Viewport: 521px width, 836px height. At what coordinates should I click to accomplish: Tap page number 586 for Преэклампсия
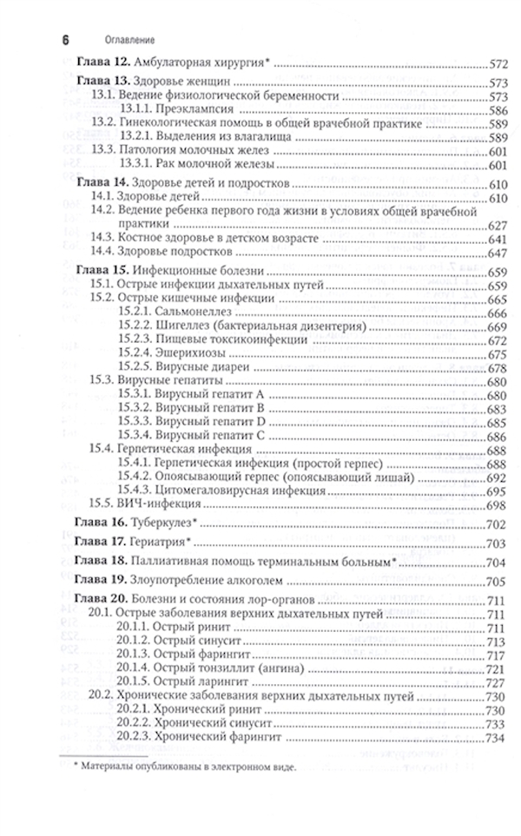[498, 111]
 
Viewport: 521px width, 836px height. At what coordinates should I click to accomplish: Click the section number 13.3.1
[136, 163]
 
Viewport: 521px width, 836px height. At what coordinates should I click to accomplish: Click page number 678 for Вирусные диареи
[498, 368]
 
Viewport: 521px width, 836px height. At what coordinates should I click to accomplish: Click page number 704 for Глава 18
[498, 563]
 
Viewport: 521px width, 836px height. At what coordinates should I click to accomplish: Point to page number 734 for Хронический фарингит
[498, 739]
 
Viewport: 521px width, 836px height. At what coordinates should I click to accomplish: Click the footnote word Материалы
[108, 767]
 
